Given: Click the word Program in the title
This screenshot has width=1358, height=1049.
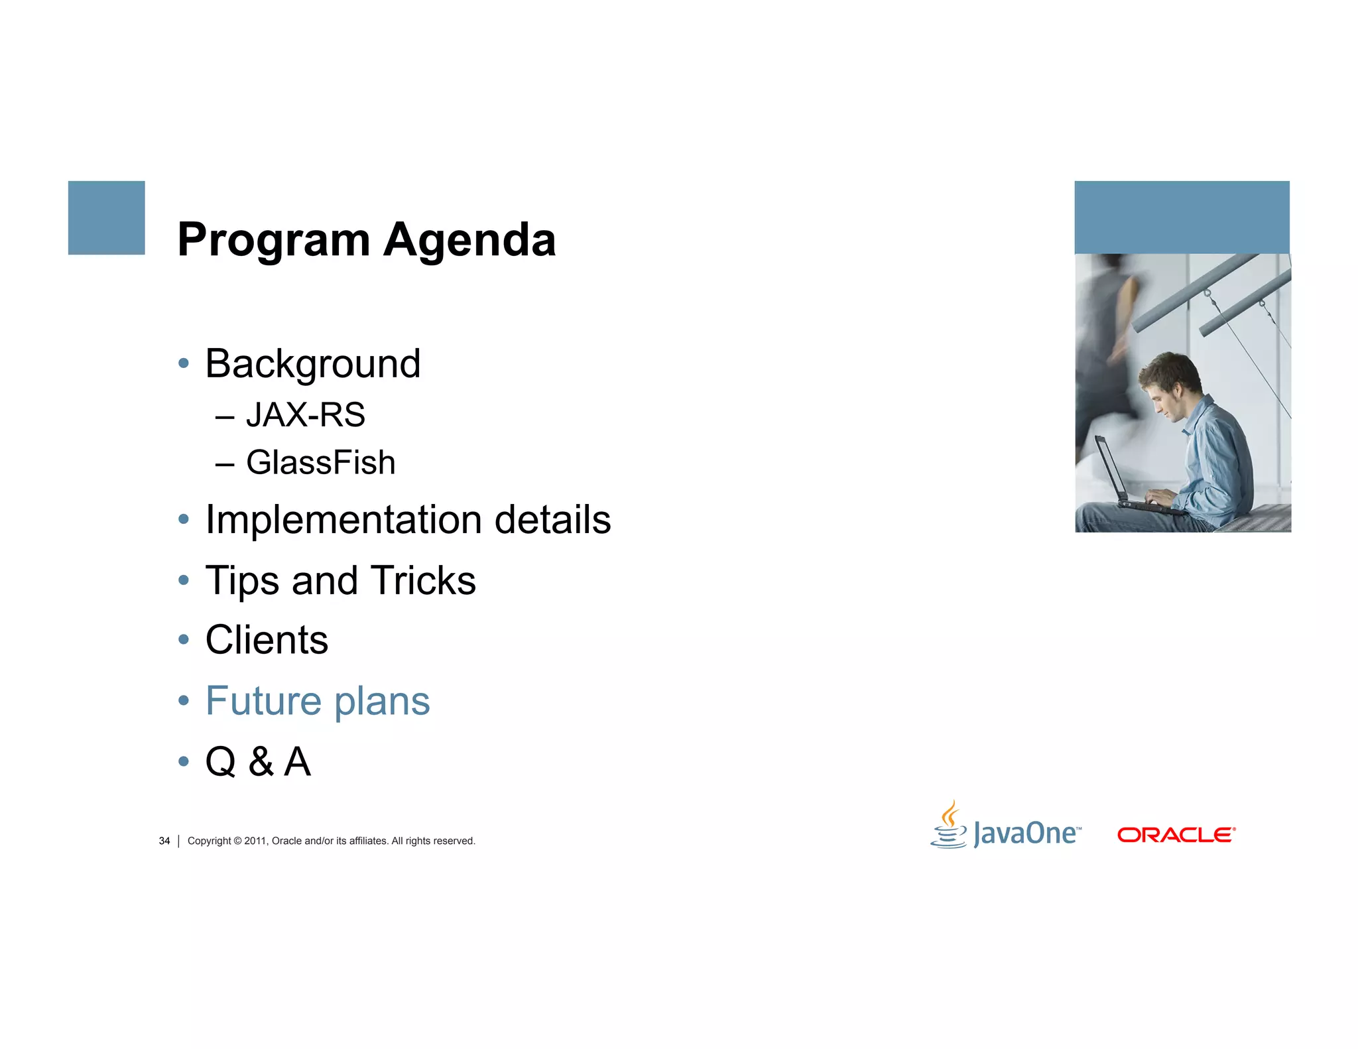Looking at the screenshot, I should pos(273,241).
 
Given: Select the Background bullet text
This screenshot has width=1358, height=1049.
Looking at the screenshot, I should pos(313,364).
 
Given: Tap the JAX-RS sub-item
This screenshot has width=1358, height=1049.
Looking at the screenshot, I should pos(305,415).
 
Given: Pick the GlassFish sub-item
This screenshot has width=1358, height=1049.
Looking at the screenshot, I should pos(320,463).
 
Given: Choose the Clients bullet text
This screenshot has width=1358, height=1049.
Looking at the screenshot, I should pos(267,641).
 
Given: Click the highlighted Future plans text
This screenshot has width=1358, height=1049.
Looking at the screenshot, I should pos(318,702).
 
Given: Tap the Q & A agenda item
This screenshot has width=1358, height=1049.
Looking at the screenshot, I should pos(258,762).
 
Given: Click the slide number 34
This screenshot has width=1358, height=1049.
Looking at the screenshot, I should pos(164,841).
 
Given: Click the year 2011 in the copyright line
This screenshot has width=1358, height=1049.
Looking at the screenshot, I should pos(255,841).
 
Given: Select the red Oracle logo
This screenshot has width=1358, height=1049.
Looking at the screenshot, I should pos(1176,835).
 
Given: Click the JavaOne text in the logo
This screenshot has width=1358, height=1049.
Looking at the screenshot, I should pos(1024,833).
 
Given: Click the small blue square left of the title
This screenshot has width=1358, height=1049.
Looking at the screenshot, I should pos(106,217).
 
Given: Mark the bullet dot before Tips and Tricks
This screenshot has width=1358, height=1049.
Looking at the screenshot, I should pos(184,581).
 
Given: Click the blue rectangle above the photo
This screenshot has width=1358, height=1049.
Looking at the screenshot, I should pos(1182,217).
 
